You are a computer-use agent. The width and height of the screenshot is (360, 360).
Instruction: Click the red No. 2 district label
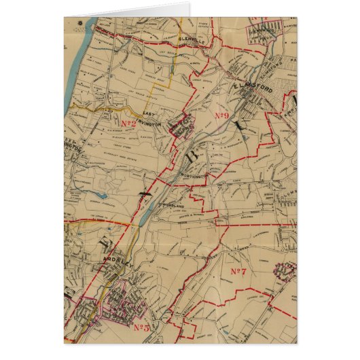129,124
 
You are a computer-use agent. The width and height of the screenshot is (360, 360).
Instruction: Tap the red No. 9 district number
221,116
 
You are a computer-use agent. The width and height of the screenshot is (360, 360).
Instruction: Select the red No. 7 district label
237,272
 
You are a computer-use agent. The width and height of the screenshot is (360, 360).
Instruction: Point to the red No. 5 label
141,329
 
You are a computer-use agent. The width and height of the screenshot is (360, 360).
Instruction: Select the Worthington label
194,175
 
